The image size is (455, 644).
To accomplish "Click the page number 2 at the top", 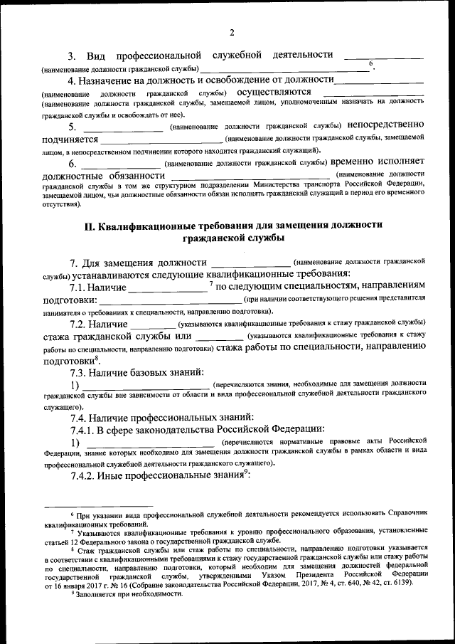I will pos(232,31).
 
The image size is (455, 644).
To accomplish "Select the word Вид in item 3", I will pos(95,56).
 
